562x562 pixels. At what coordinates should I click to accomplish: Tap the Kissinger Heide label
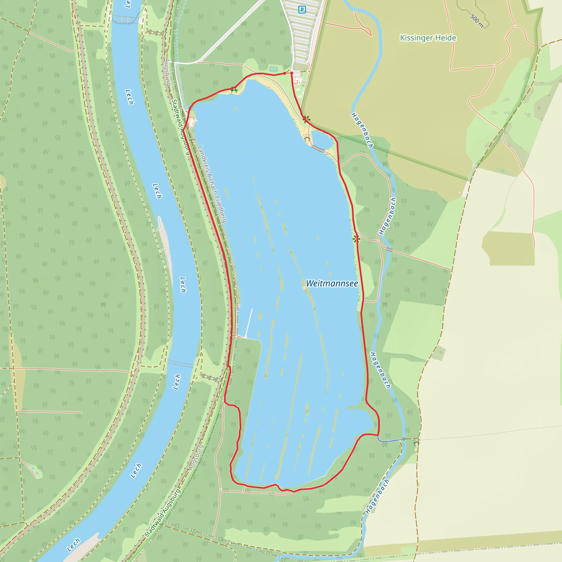[428, 38]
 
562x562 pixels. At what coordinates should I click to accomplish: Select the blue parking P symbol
[302, 10]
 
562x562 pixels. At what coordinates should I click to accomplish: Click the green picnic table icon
[234, 90]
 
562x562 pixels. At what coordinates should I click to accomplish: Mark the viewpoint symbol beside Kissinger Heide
[306, 119]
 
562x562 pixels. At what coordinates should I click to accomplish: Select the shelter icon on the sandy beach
[307, 139]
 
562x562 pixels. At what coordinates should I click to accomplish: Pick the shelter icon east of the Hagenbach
[417, 443]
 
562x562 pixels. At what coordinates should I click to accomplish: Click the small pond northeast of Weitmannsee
[322, 140]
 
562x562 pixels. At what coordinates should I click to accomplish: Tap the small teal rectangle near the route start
[273, 69]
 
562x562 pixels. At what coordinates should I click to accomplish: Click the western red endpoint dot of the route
[285, 73]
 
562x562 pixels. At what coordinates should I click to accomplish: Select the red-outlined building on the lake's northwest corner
[191, 122]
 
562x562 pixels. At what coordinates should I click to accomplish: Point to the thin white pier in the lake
[249, 323]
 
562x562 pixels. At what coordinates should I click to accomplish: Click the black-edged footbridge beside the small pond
[318, 149]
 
